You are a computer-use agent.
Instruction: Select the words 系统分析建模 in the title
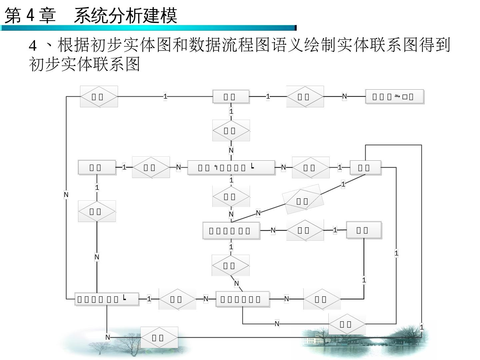(x=125, y=15)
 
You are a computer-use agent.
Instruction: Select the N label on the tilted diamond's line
(x=258, y=213)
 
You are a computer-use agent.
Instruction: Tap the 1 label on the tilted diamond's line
(x=343, y=184)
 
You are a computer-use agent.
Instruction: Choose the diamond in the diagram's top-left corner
(x=99, y=97)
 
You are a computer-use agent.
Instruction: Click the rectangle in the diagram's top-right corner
(x=395, y=97)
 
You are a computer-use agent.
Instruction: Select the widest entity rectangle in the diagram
(x=231, y=167)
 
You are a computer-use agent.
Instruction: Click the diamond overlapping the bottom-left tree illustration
(x=159, y=337)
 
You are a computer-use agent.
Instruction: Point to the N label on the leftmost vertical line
(x=66, y=195)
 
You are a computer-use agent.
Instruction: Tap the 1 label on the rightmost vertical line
(x=422, y=327)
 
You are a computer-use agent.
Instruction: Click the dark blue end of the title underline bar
(x=295, y=28)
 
